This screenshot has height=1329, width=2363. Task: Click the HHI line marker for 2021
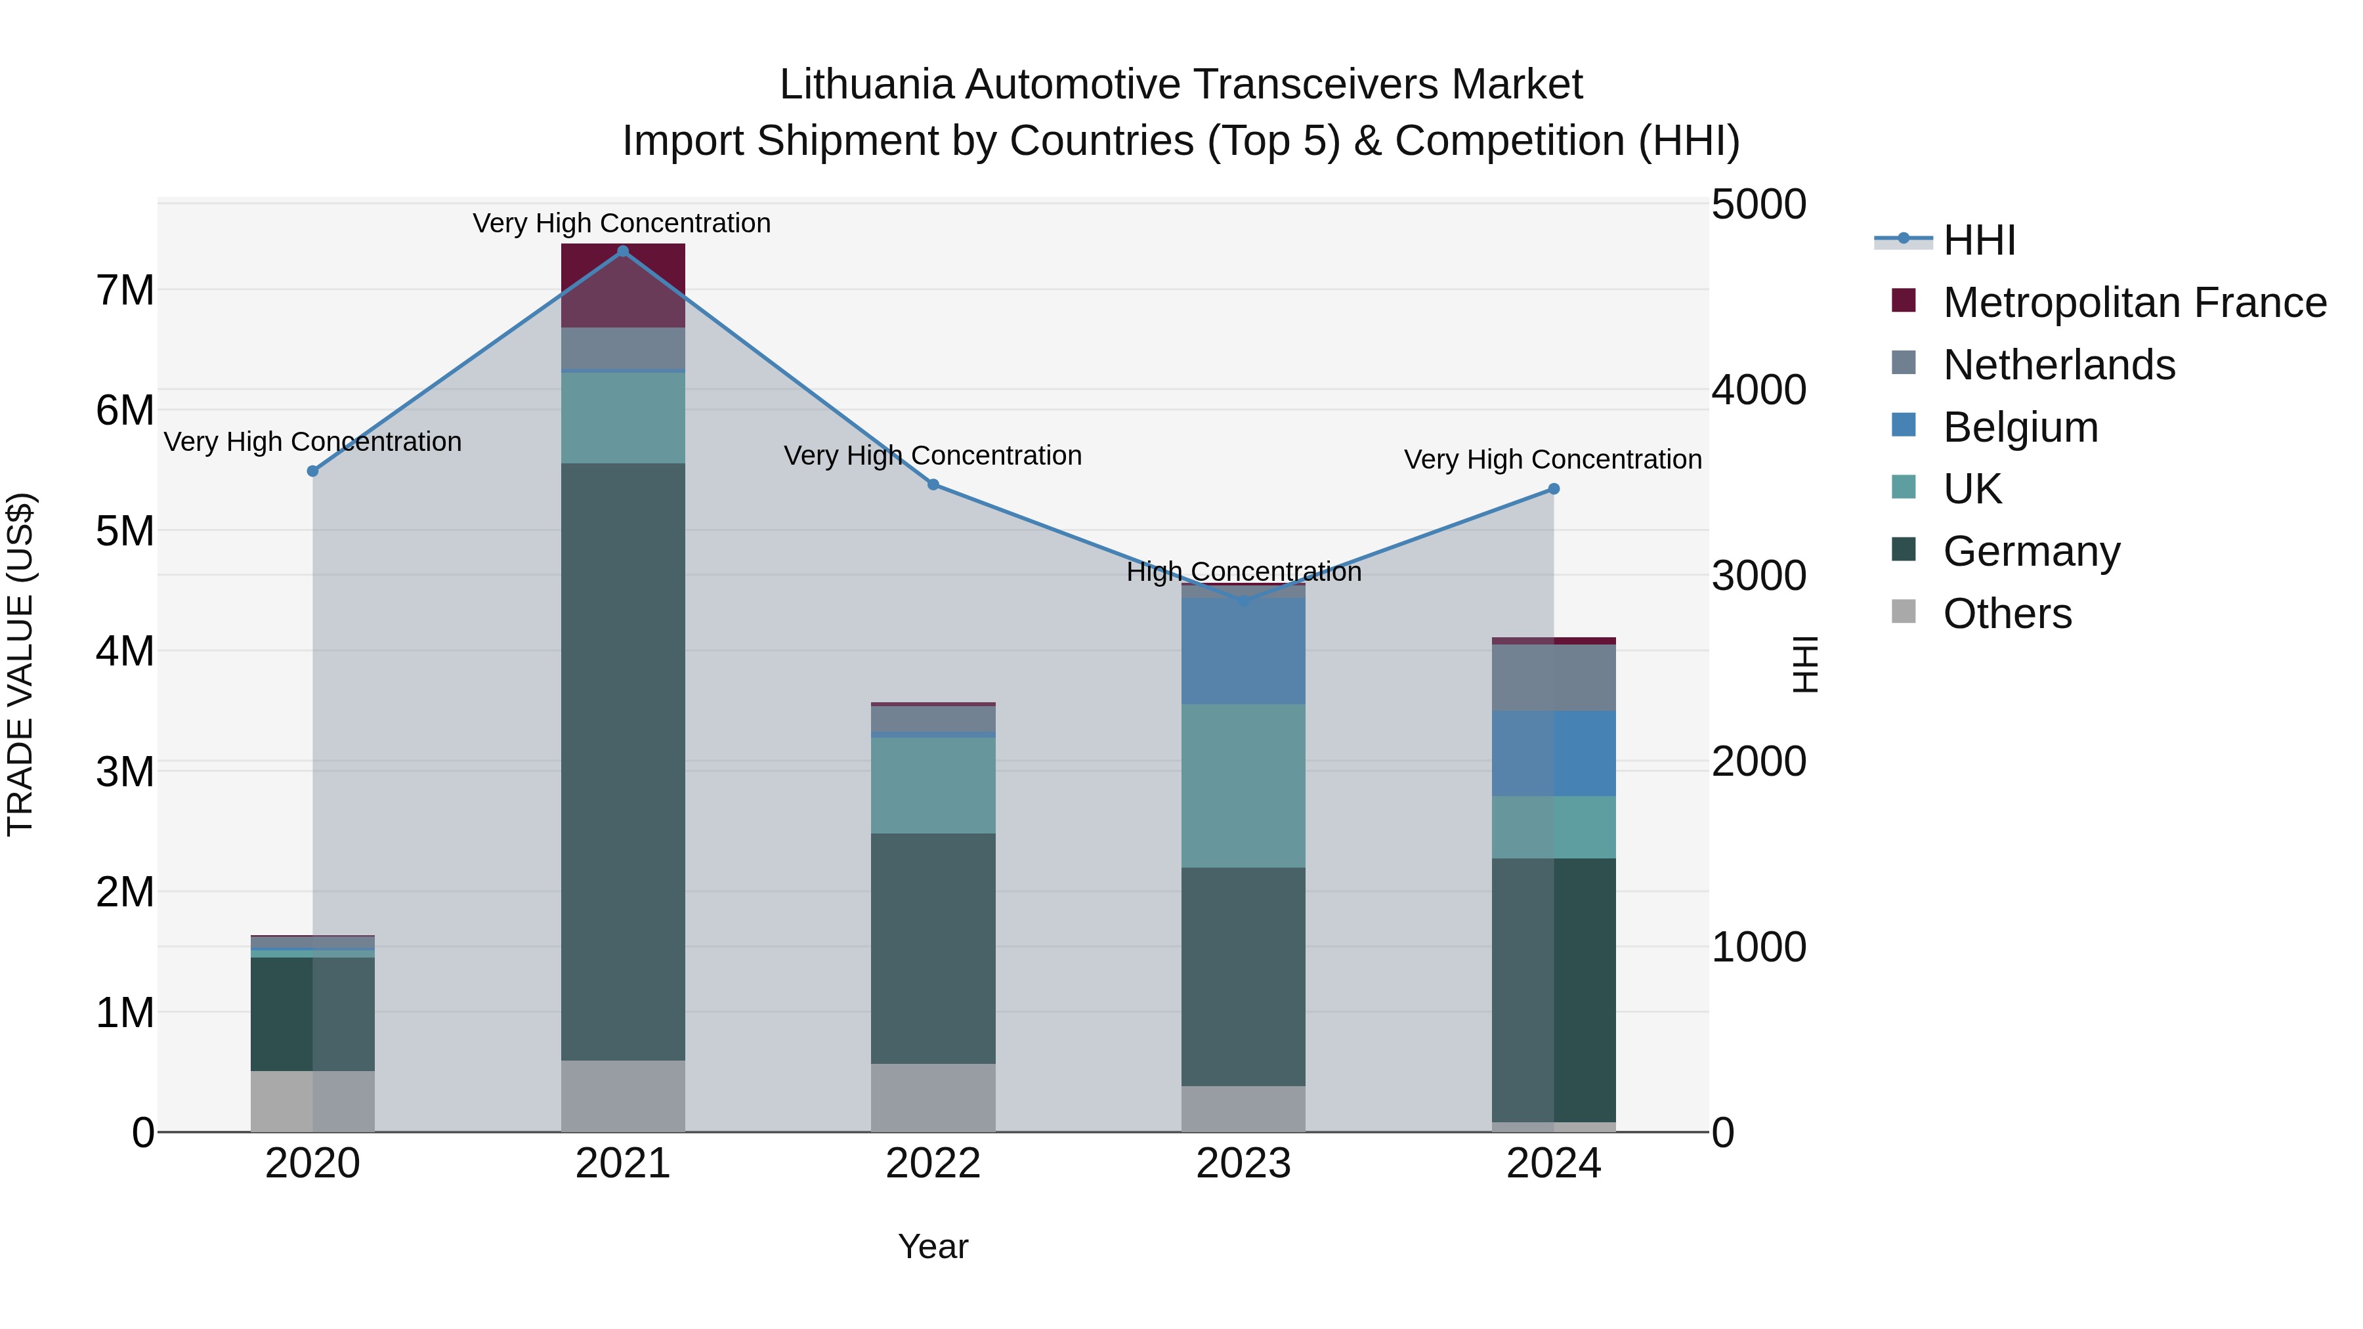623,251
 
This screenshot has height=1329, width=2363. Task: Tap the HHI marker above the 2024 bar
1553,490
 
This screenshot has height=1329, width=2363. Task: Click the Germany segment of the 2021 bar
623,761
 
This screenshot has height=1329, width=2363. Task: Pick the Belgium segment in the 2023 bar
1243,651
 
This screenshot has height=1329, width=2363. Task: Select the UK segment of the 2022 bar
933,785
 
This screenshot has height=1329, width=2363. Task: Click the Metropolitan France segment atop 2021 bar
623,284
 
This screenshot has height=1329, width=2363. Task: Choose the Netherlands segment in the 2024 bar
1553,678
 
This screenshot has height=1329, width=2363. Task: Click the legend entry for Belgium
2020,427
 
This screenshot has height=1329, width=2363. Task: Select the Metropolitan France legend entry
2134,303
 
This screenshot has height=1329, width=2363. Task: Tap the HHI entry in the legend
1978,240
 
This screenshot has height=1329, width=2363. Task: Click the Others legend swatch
1904,612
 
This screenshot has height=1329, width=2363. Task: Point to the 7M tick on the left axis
125,291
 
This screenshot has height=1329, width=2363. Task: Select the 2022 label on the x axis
933,1164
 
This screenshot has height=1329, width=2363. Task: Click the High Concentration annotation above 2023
1243,572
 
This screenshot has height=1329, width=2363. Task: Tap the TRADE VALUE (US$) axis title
20,664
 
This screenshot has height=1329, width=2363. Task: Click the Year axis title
933,1246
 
